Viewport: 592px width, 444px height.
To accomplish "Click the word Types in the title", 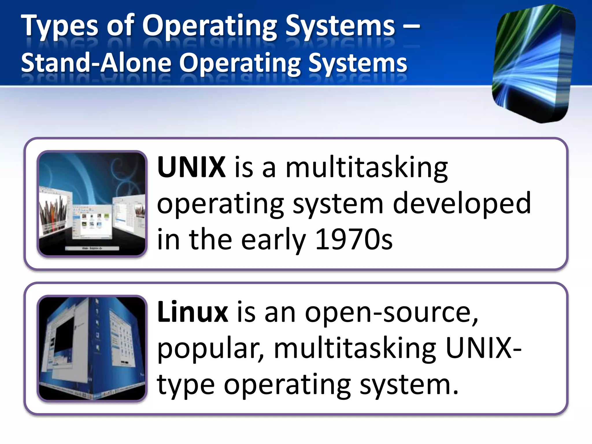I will click(60, 27).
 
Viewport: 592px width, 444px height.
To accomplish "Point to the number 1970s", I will click(354, 239).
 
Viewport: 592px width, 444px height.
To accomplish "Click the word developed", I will click(462, 203).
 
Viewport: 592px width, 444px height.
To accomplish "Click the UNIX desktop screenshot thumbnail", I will click(92, 204).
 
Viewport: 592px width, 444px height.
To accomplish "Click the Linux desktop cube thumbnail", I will click(92, 348).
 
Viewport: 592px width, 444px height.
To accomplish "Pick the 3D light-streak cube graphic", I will click(534, 64).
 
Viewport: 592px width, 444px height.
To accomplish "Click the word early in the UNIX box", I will click(273, 239).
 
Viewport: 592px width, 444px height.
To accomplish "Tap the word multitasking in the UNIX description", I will click(367, 168).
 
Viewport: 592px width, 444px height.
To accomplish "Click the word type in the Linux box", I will click(186, 386).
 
